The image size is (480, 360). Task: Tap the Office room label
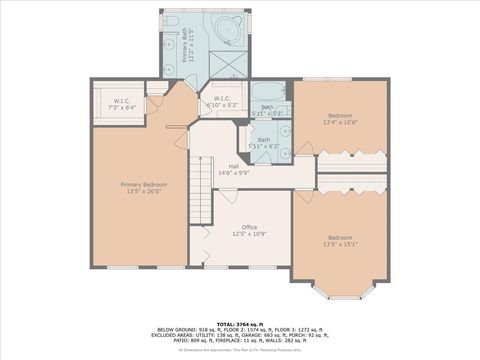(235, 227)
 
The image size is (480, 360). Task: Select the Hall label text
(233, 166)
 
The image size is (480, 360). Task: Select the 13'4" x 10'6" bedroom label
(341, 118)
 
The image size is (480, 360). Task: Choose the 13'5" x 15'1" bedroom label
(340, 240)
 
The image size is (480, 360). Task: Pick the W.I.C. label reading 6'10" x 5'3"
(222, 101)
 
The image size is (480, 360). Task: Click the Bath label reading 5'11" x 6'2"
(264, 143)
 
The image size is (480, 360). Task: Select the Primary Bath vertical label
(187, 45)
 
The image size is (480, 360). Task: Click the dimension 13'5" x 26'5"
(144, 192)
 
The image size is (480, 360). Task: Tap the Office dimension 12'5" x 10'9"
(235, 234)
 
